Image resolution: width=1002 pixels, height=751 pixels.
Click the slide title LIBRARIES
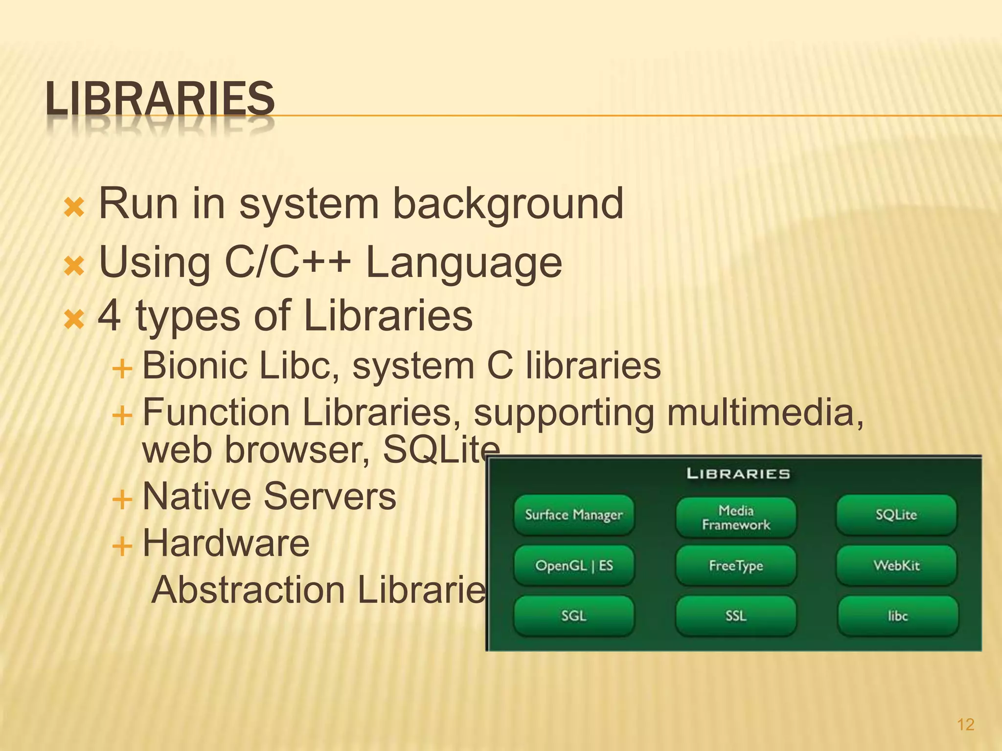tap(160, 99)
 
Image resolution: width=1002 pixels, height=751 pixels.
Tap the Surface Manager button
tap(574, 515)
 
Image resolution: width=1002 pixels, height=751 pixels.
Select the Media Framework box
tap(736, 517)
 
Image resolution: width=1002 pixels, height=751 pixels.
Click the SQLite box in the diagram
tap(896, 515)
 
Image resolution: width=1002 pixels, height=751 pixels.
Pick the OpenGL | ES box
tap(574, 566)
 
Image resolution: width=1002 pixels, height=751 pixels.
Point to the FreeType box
tap(736, 566)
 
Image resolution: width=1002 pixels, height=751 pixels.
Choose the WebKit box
tap(896, 566)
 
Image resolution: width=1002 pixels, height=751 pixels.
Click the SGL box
tap(574, 616)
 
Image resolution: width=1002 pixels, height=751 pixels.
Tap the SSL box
tap(736, 616)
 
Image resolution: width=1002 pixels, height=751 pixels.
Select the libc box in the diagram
tap(898, 616)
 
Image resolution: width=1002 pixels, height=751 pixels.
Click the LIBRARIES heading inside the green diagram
tap(738, 474)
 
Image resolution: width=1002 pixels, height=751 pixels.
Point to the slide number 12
tap(965, 725)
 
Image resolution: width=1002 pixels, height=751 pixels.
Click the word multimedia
tap(765, 413)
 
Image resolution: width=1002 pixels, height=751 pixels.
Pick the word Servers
tap(330, 496)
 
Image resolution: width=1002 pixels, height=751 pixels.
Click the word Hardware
tap(226, 543)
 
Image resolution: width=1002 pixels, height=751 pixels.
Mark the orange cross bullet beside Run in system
tap(74, 208)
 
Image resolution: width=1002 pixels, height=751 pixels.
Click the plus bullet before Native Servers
tap(122, 500)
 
